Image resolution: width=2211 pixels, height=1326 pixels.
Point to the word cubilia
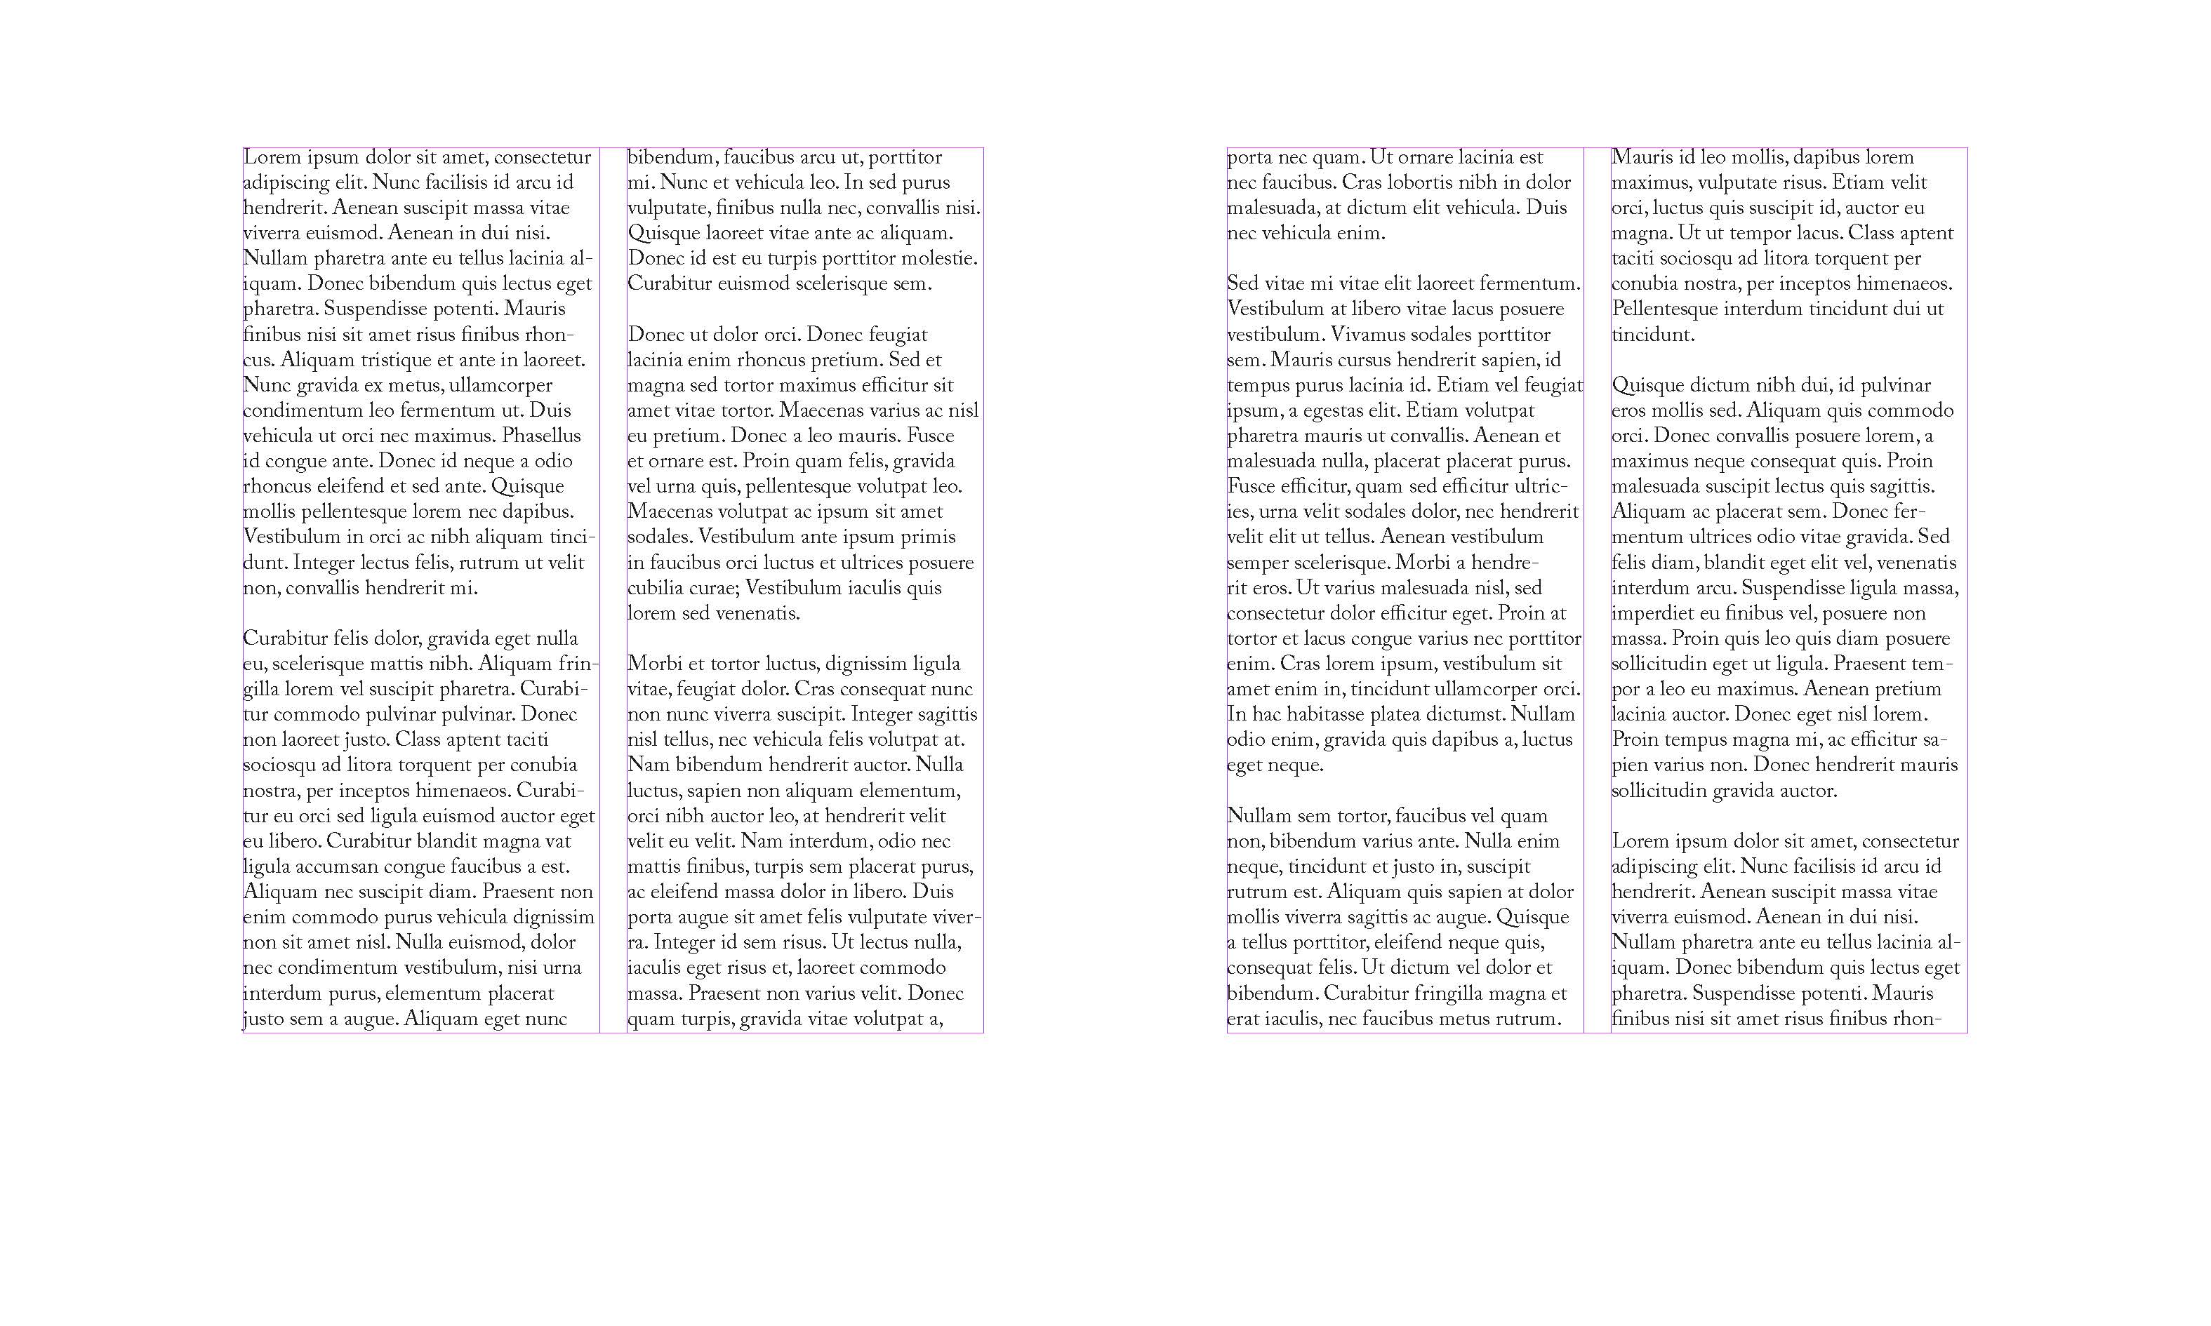pos(655,588)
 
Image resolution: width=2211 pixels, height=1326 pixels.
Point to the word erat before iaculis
pos(1243,1019)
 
